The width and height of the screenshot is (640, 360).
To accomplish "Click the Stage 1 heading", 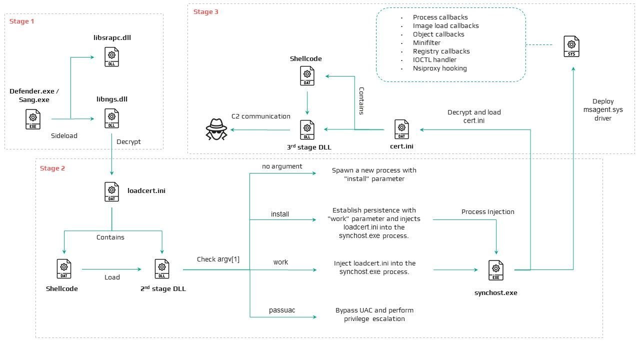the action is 21,21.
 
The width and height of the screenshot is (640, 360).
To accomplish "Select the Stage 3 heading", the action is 205,11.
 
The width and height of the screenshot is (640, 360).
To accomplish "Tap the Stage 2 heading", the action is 52,168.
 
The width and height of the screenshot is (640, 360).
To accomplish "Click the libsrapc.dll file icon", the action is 111,57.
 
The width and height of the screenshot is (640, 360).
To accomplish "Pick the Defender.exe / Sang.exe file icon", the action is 33,119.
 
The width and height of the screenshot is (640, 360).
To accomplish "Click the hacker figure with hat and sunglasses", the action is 216,129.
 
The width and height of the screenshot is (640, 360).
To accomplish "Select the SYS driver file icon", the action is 571,46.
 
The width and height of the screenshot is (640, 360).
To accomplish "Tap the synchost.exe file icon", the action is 496,270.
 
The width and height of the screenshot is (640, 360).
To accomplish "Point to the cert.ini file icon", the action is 401,129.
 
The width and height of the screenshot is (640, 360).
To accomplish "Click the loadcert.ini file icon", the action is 111,191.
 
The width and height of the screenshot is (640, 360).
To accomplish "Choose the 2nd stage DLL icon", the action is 162,269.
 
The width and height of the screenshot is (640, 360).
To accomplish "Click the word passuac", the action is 282,310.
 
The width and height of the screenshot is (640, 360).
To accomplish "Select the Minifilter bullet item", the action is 426,43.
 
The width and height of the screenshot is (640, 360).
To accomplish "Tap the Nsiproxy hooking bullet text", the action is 439,68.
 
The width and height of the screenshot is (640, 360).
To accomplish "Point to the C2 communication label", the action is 261,116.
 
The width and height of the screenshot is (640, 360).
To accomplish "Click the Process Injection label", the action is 487,211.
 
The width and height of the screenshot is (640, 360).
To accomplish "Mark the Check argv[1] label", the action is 218,259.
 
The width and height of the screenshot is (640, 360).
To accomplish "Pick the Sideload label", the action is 64,135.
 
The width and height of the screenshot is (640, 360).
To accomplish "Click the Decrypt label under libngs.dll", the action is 128,141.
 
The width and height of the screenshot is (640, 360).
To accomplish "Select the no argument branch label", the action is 282,166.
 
